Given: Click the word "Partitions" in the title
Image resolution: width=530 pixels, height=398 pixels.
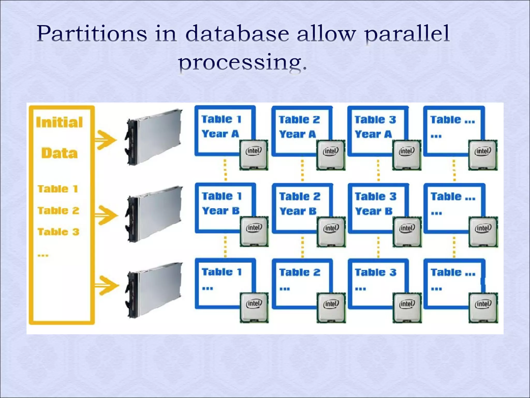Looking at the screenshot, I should [92, 34].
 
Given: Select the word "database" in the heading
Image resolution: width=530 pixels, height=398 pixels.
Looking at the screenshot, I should [237, 34].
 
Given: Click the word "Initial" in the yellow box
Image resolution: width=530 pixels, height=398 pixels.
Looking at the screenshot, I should [60, 122].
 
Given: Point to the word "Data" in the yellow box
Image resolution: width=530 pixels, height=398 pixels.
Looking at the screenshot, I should [60, 153].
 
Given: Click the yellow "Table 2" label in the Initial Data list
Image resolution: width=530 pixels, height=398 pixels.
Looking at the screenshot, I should [58, 211].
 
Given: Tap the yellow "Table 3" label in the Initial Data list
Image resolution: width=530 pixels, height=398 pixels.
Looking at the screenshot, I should [58, 232].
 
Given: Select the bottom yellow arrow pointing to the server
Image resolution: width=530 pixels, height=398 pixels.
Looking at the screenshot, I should [106, 285].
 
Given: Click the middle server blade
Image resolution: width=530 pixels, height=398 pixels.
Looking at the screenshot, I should [154, 214].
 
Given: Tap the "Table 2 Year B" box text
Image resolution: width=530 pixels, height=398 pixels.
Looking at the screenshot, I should [299, 204].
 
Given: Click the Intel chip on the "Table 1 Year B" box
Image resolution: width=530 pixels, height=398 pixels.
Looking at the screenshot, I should [254, 231].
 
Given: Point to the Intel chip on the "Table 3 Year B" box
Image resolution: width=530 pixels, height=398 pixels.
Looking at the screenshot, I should [407, 232].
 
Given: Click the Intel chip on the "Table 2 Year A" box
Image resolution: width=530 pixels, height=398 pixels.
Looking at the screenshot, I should [331, 155].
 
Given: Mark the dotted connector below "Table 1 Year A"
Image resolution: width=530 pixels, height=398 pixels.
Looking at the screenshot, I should [225, 170].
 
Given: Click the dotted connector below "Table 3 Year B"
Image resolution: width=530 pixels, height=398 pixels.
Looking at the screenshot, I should [378, 247].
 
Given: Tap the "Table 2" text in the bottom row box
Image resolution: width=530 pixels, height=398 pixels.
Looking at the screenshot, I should [300, 272].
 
